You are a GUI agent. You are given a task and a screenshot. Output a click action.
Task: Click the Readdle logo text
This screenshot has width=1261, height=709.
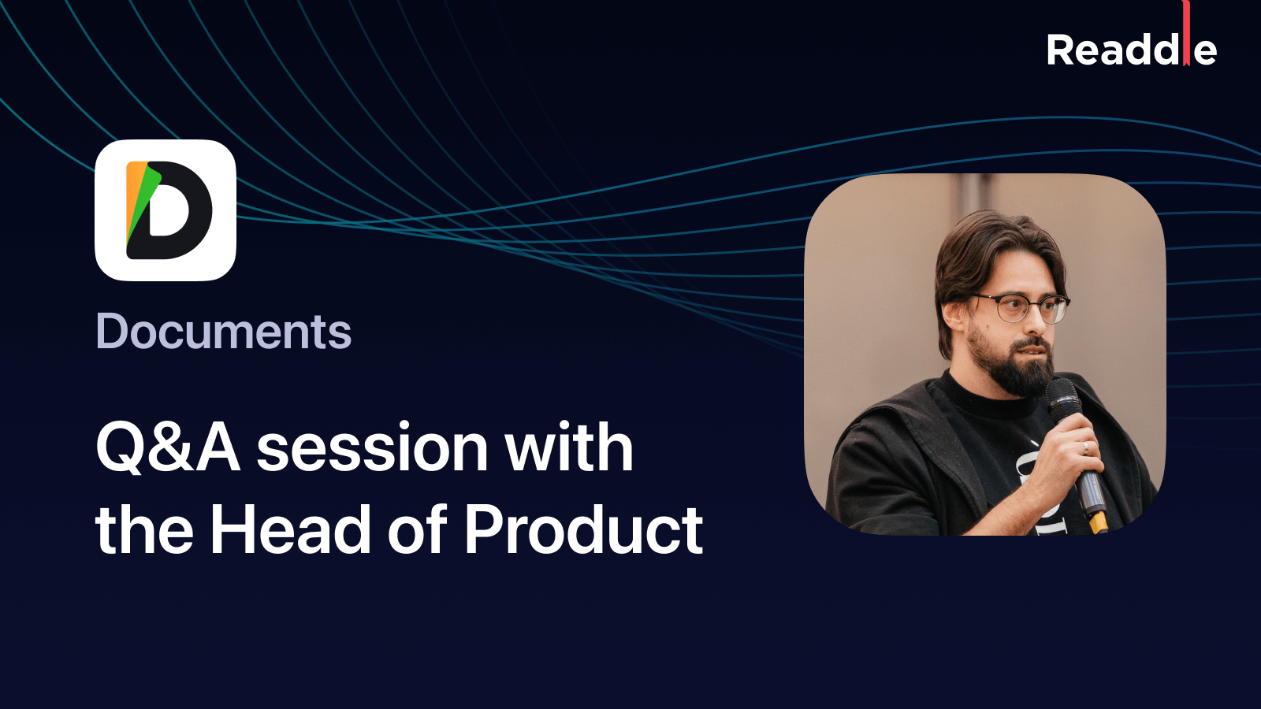click(x=1130, y=50)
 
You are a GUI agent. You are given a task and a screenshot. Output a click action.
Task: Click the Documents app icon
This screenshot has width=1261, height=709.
click(x=166, y=210)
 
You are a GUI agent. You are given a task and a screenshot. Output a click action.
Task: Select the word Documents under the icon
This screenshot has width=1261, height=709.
click(x=224, y=332)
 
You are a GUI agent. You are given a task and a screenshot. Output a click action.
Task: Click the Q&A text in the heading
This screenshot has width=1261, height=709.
click(x=167, y=447)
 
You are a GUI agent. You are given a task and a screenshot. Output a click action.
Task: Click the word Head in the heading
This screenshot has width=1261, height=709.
click(x=289, y=530)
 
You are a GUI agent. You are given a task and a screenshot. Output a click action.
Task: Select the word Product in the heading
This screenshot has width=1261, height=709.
click(x=583, y=530)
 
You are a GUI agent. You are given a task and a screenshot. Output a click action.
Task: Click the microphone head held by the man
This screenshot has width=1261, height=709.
click(x=1062, y=395)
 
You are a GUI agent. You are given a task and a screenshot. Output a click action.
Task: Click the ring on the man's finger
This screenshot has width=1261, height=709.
click(x=1085, y=447)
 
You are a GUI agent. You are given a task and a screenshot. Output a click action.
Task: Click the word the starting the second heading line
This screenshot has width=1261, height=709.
click(x=144, y=530)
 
